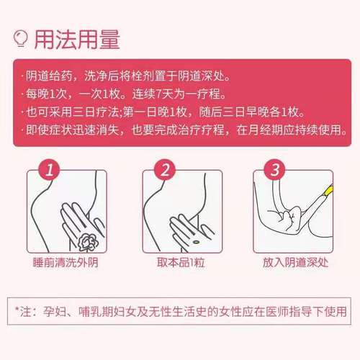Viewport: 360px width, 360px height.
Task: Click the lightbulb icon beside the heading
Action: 22,37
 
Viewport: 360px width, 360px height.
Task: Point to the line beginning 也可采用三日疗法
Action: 162,113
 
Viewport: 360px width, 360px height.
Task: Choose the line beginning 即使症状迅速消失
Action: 181,131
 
